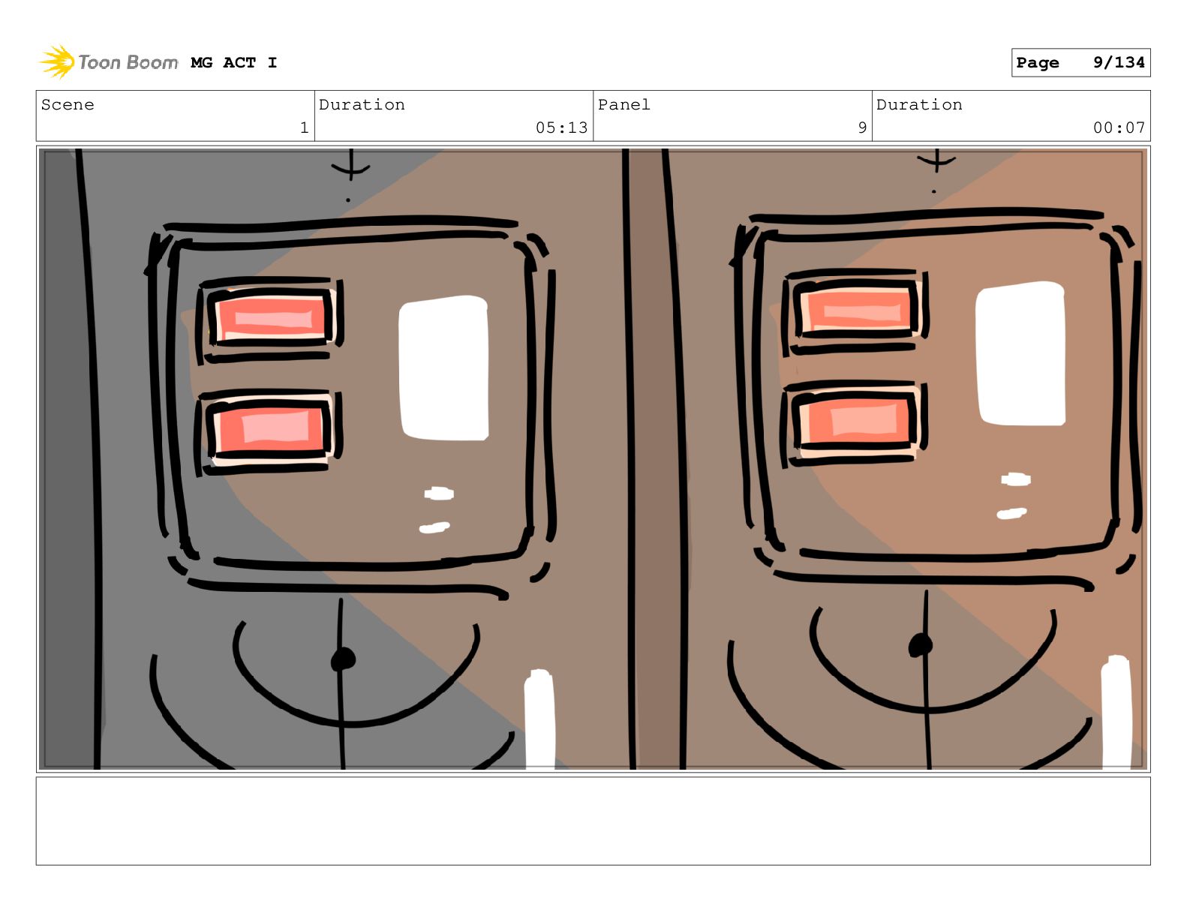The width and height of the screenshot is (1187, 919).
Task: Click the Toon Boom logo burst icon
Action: point(57,62)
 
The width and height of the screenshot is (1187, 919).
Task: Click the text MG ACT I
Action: point(234,63)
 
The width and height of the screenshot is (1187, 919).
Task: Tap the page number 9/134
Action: point(1118,62)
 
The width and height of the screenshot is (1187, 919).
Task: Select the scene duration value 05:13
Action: point(561,128)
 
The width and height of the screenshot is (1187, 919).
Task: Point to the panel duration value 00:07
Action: point(1119,128)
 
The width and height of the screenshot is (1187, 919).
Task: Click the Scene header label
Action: point(68,104)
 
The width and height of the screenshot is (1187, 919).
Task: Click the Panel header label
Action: point(624,104)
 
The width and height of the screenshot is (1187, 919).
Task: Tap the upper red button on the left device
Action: point(271,317)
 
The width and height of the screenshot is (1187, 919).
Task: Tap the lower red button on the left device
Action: point(269,429)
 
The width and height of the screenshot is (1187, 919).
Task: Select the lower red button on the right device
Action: point(855,420)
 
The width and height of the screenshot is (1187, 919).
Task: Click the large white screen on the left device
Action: point(443,368)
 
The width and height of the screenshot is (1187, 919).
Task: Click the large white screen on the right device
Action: point(1020,354)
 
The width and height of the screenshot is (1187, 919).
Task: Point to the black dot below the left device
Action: point(343,659)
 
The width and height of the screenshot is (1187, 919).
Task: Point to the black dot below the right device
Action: point(921,645)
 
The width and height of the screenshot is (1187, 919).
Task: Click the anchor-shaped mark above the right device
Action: point(936,160)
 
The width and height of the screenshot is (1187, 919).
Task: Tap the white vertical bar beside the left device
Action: point(539,719)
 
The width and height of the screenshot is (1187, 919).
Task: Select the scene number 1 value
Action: point(305,128)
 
